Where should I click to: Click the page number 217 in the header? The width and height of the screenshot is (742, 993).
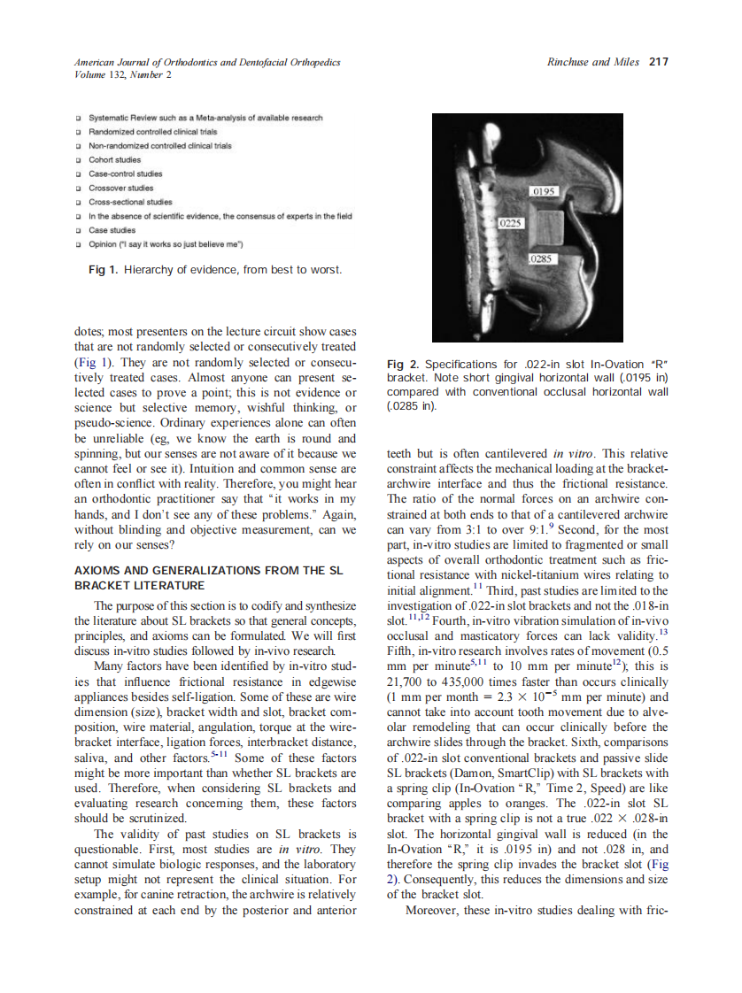tap(658, 62)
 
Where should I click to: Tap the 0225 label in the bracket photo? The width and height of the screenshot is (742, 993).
tap(512, 224)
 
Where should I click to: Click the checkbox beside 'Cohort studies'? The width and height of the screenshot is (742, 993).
tap(79, 160)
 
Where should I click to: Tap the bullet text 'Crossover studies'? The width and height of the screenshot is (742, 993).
tap(121, 188)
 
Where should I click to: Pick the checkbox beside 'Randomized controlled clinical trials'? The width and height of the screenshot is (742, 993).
tap(79, 132)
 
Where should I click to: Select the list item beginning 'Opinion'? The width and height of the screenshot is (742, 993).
tap(165, 243)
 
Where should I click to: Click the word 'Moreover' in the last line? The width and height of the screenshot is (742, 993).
tap(432, 911)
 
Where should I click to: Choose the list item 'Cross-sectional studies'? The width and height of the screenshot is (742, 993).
tap(130, 202)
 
